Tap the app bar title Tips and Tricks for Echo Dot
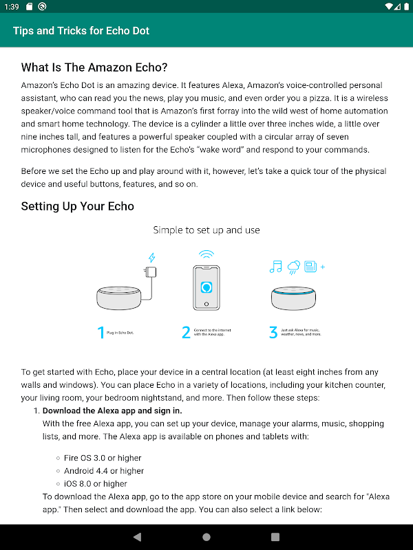tap(81, 31)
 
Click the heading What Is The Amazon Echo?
tap(94, 67)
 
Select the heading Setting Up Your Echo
tap(77, 206)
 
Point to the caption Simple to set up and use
tap(206, 230)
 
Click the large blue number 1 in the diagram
tap(101, 333)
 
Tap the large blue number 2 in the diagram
tap(186, 333)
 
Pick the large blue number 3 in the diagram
tap(273, 333)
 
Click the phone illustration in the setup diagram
tap(206, 287)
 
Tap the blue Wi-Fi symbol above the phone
tap(206, 254)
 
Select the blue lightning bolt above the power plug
tap(151, 258)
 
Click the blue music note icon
tap(277, 266)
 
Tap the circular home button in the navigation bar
tap(206, 537)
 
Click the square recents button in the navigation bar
tap(275, 537)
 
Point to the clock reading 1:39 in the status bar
tap(12, 6)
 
